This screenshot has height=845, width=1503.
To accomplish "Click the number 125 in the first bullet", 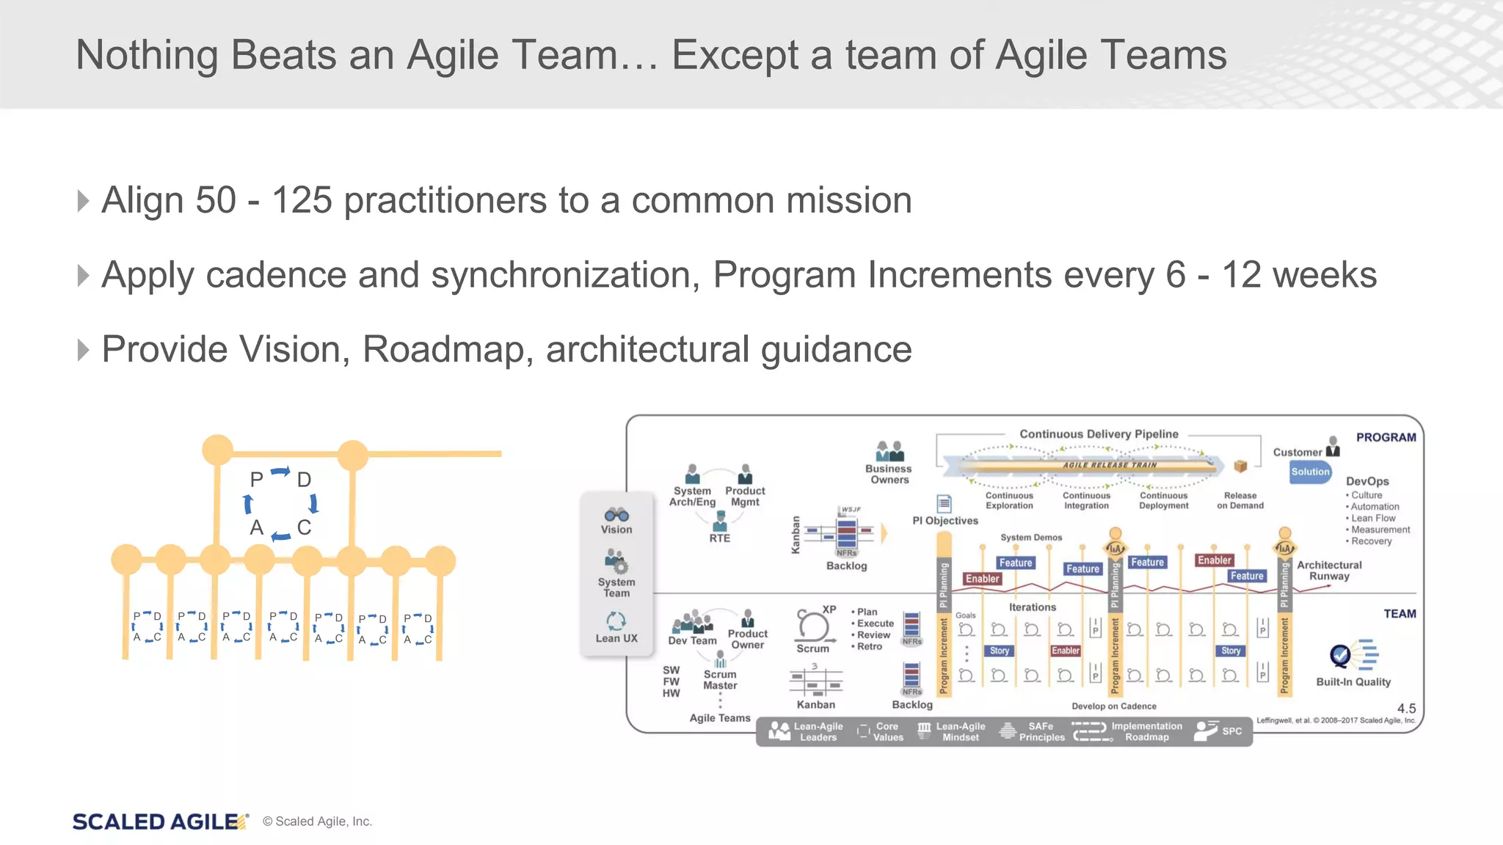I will click(302, 200).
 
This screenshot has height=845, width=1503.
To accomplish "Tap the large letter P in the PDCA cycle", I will click(256, 480).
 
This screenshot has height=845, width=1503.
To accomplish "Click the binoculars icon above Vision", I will click(616, 514).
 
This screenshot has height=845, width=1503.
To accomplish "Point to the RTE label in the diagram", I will click(719, 538).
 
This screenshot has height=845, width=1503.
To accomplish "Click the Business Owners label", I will click(889, 474).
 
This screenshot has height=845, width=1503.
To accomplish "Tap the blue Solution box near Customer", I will click(1310, 472).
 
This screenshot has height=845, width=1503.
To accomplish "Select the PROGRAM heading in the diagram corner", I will click(1386, 437).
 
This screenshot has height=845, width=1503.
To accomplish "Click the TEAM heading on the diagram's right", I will click(1400, 614).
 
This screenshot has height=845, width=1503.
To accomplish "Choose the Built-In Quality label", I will click(1353, 682).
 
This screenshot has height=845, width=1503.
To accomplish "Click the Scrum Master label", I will click(720, 680).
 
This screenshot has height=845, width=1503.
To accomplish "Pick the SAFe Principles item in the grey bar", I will click(1041, 732).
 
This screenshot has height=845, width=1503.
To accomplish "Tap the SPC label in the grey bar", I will click(1231, 731).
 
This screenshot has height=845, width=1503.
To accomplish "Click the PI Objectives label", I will click(945, 521).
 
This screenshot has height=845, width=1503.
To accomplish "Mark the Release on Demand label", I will click(1240, 500).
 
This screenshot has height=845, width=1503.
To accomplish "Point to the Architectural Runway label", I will click(1328, 571).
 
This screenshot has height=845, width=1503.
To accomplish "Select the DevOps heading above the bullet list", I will click(1366, 481).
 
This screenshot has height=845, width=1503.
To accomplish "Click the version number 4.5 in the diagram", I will click(1406, 709).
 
